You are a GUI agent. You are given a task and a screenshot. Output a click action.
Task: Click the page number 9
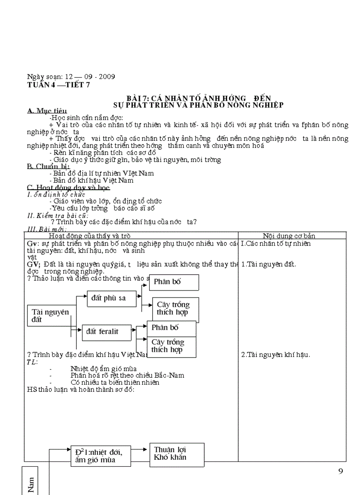point(340,471)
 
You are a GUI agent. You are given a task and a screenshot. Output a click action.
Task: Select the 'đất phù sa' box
point(109,298)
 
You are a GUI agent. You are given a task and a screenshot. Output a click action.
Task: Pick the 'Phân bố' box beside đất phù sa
point(174,282)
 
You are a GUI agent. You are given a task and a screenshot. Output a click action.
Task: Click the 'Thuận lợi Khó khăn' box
point(176,454)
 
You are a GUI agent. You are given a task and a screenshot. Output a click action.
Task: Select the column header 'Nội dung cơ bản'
point(289,236)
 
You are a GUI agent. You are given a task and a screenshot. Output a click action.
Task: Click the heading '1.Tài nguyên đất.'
point(268,264)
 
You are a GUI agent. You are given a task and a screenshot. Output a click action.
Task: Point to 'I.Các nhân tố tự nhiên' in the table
point(276,243)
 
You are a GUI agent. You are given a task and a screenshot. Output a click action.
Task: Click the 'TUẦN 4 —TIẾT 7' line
point(58,86)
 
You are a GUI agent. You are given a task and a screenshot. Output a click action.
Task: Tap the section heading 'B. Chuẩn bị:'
point(46,166)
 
